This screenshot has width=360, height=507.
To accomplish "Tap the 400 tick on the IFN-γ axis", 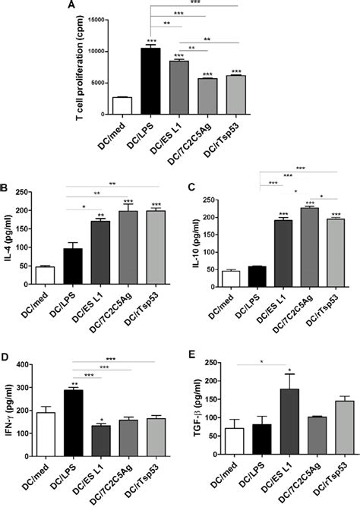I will point(29,365).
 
